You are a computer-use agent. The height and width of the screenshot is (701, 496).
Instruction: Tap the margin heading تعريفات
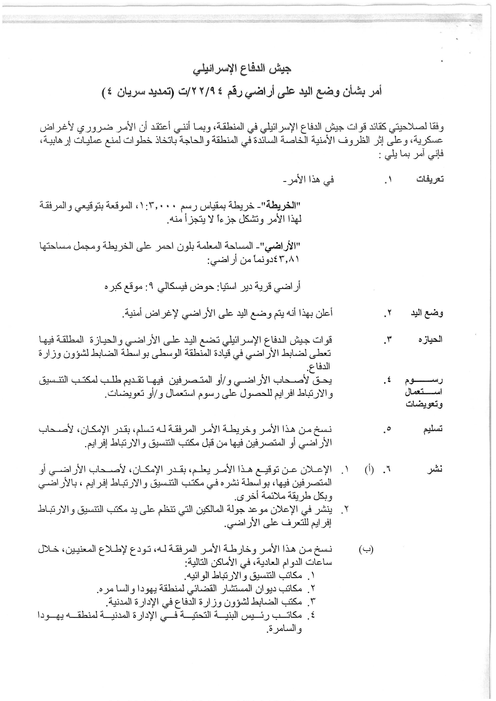(x=430, y=179)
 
